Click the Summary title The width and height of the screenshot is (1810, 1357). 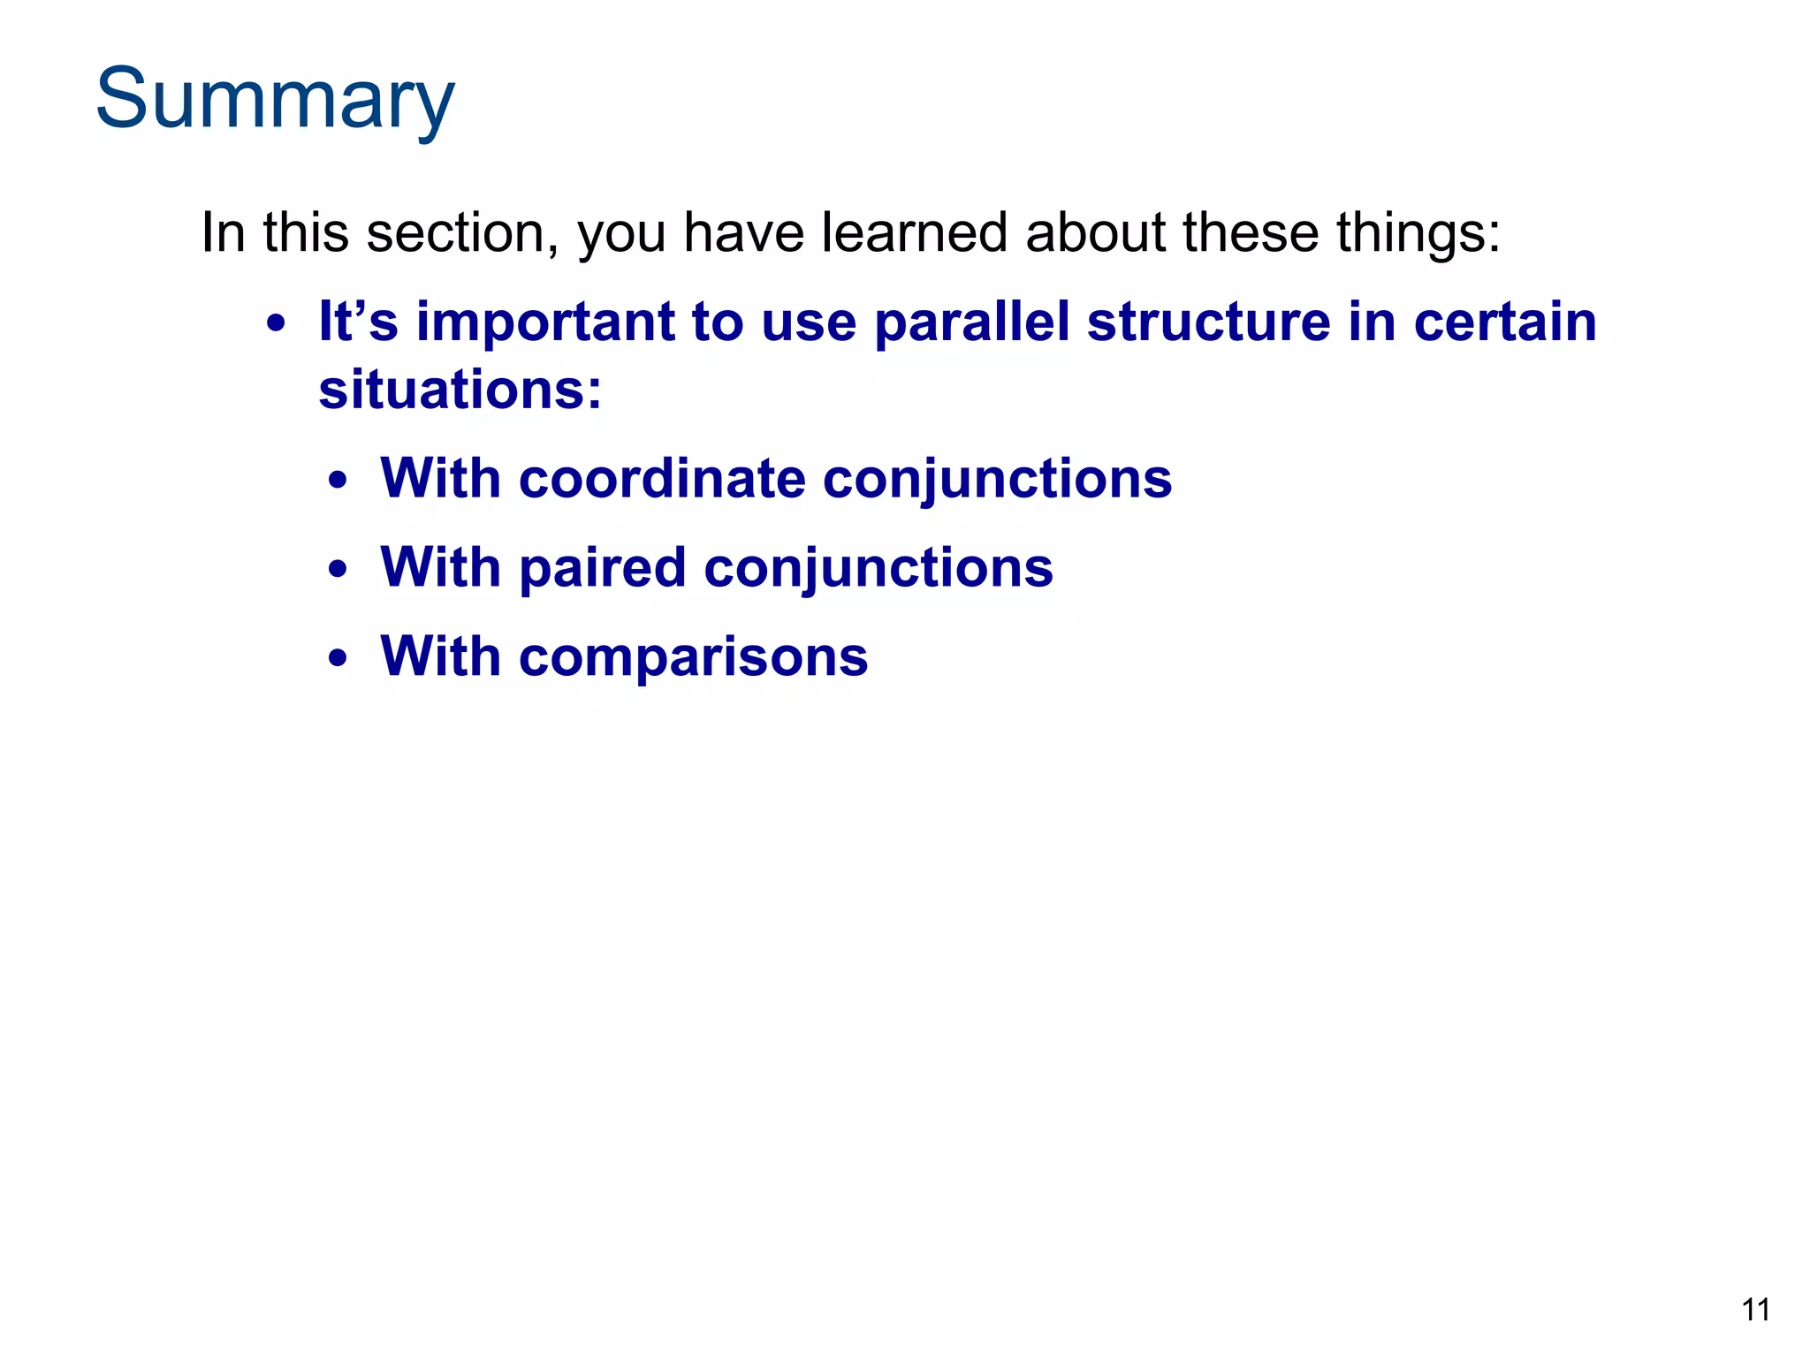pyautogui.click(x=275, y=99)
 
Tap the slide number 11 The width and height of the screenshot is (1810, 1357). pyautogui.click(x=1755, y=1309)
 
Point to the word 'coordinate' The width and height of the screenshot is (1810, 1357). pyautogui.click(x=662, y=479)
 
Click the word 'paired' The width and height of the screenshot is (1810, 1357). pyautogui.click(x=602, y=568)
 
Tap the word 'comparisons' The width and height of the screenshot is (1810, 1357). pyautogui.click(x=693, y=658)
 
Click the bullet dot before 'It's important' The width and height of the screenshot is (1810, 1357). pyautogui.click(x=277, y=324)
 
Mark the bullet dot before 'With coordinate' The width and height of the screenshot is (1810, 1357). pyautogui.click(x=337, y=482)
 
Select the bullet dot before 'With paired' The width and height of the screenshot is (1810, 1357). pyautogui.click(x=337, y=571)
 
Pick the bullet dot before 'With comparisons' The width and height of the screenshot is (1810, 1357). pyautogui.click(x=337, y=659)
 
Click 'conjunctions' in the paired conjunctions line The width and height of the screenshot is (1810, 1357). pyautogui.click(x=878, y=568)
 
